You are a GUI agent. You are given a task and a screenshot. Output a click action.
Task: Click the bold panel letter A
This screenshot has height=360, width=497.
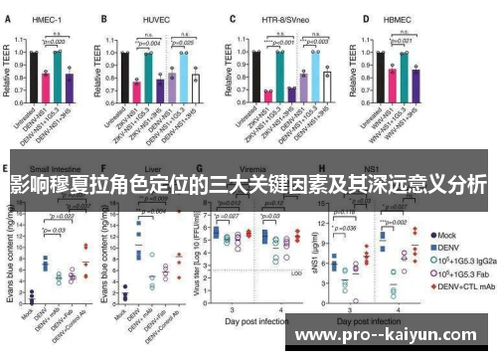click(8, 18)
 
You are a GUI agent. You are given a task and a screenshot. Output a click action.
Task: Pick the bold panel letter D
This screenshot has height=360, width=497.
click(366, 18)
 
